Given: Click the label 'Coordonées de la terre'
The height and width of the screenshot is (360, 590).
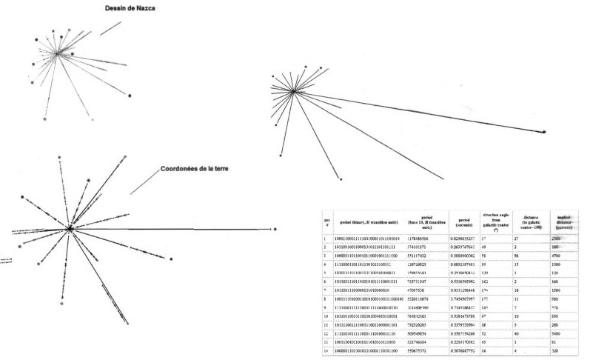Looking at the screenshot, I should [x=194, y=169].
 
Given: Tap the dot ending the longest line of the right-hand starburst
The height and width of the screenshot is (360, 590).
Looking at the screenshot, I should [x=545, y=132].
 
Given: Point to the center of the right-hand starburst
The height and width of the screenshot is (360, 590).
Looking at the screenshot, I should [x=295, y=91].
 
